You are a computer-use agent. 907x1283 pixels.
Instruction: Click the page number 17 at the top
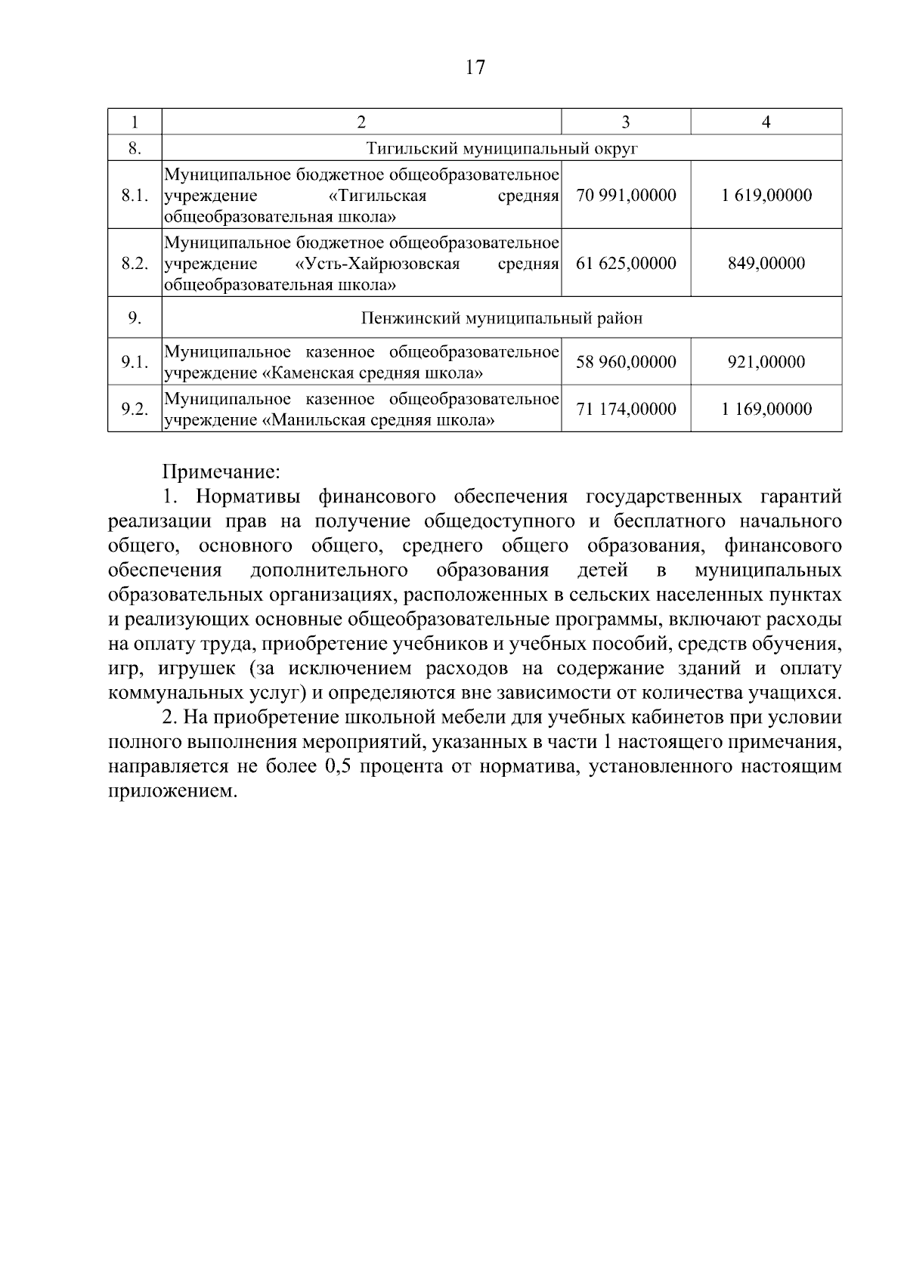(x=475, y=68)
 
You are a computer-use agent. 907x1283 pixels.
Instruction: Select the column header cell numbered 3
(x=625, y=122)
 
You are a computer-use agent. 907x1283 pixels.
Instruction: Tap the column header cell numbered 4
(x=766, y=122)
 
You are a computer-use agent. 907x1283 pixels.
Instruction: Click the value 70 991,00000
(x=626, y=196)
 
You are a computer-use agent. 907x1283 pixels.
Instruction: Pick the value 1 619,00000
(x=766, y=196)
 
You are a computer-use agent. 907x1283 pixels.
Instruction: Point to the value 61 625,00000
(x=626, y=264)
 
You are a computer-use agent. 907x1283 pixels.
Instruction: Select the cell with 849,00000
(x=766, y=264)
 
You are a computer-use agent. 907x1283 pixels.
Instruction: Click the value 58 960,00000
(x=626, y=362)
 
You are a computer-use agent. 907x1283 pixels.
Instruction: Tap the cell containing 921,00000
(x=766, y=362)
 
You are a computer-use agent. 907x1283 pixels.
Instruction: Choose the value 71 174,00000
(x=626, y=410)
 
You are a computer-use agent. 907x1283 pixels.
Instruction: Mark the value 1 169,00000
(x=766, y=410)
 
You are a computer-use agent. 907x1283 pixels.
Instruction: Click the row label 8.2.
(x=135, y=264)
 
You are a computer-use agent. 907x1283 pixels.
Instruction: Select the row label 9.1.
(x=135, y=362)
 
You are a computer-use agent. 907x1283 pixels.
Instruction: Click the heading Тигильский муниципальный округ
(x=502, y=148)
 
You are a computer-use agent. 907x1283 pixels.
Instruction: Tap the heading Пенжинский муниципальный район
(x=502, y=318)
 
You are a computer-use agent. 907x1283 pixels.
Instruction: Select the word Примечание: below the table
(x=221, y=473)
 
